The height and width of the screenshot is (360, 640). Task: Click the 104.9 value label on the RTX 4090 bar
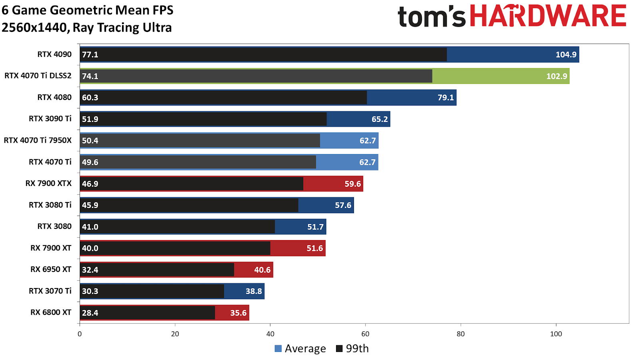click(566, 55)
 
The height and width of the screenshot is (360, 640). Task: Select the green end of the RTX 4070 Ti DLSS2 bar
click(500, 76)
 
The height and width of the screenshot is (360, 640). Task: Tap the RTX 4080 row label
click(54, 97)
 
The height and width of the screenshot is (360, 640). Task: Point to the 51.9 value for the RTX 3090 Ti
click(90, 119)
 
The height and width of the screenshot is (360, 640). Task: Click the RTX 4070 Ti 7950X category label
click(38, 140)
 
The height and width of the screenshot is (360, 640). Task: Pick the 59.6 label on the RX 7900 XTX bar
click(352, 184)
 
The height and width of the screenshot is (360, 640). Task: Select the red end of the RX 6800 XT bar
click(232, 313)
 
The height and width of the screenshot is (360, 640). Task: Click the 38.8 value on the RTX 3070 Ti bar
click(254, 291)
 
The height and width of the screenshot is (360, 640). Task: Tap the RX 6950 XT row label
click(51, 270)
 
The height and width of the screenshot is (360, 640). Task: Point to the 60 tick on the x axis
click(365, 334)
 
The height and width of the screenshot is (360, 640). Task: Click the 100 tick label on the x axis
click(556, 334)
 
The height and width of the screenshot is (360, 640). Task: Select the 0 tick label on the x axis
click(80, 334)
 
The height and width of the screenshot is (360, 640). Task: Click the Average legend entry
click(300, 349)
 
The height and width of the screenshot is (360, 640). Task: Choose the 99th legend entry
click(352, 349)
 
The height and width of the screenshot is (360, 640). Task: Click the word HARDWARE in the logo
click(548, 16)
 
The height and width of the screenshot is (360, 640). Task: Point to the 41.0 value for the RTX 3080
click(90, 227)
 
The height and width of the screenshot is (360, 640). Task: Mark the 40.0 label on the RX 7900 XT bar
click(90, 248)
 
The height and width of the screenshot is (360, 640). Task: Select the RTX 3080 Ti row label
click(50, 205)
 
